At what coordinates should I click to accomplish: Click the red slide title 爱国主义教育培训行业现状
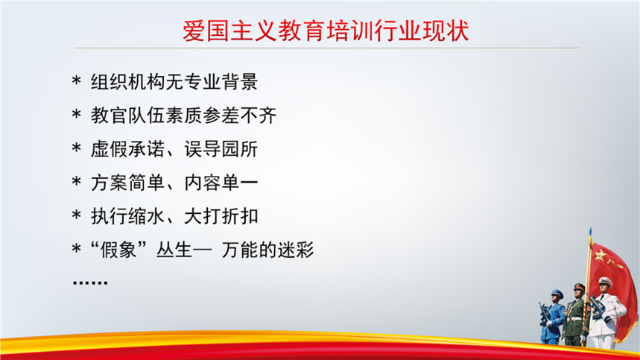pyautogui.click(x=326, y=31)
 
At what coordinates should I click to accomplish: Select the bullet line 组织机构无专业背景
pyautogui.click(x=174, y=82)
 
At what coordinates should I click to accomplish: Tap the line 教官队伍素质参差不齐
pyautogui.click(x=184, y=116)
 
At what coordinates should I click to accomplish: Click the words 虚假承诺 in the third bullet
pyautogui.click(x=127, y=149)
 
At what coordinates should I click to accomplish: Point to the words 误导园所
pyautogui.click(x=221, y=149)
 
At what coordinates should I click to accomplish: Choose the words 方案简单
pyautogui.click(x=127, y=183)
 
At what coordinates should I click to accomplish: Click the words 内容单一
pyautogui.click(x=221, y=183)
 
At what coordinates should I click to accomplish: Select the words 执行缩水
pyautogui.click(x=127, y=216)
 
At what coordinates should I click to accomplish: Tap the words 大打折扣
pyautogui.click(x=221, y=216)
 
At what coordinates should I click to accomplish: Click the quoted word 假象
pyautogui.click(x=118, y=250)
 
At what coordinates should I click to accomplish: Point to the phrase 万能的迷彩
pyautogui.click(x=267, y=250)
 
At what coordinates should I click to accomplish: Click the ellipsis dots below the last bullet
pyautogui.click(x=90, y=282)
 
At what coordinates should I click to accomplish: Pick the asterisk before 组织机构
pyautogui.click(x=76, y=80)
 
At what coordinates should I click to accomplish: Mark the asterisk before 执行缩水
pyautogui.click(x=76, y=215)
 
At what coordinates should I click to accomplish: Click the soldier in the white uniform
pyautogui.click(x=605, y=312)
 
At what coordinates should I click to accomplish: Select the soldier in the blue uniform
pyautogui.click(x=552, y=317)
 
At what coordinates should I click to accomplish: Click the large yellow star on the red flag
pyautogui.click(x=600, y=256)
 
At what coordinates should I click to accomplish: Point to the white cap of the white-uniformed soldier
pyautogui.click(x=604, y=281)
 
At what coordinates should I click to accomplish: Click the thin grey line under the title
pyautogui.click(x=327, y=48)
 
